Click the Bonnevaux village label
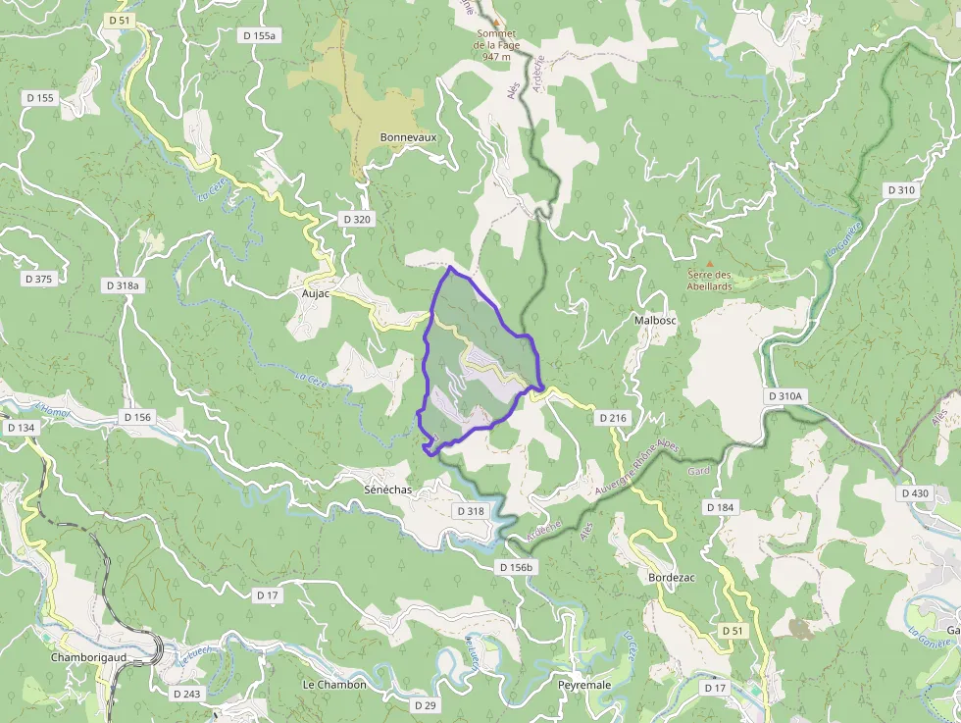408,137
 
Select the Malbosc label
656,320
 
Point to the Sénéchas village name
389,489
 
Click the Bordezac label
672,578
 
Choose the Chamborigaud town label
87,657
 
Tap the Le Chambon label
334,685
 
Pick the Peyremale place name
584,684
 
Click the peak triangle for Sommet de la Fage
497,22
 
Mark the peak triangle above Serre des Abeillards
710,263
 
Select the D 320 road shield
356,219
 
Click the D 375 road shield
37,279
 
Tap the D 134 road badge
21,428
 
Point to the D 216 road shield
612,418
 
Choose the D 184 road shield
719,507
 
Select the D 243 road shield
186,694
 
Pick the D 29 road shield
425,705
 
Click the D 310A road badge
785,395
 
